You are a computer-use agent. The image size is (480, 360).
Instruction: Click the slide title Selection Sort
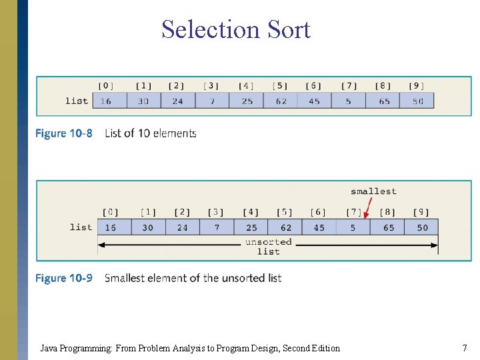click(x=235, y=29)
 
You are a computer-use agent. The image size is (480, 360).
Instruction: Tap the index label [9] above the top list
click(x=417, y=85)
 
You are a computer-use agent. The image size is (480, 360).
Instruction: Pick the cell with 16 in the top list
click(x=107, y=101)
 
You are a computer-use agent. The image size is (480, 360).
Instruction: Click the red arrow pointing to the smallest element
click(x=366, y=207)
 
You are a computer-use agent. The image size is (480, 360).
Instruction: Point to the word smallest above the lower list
click(x=373, y=191)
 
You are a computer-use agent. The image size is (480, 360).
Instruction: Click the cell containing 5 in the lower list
click(x=353, y=227)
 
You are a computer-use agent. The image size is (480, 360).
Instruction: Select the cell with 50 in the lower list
click(x=423, y=227)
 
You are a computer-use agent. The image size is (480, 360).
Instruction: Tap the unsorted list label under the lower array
click(x=268, y=247)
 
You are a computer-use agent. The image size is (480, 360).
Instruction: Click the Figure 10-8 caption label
click(x=64, y=133)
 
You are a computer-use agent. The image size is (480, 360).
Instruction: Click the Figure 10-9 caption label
click(x=64, y=278)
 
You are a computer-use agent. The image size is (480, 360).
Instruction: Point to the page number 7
click(x=464, y=348)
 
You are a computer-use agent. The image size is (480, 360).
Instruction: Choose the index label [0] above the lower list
click(x=111, y=212)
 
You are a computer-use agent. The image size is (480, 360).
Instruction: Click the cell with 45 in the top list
click(x=314, y=101)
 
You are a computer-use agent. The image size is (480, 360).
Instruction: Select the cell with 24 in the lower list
click(x=182, y=227)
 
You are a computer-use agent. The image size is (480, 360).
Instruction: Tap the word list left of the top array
click(x=77, y=101)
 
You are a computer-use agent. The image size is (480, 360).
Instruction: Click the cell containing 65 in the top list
click(x=383, y=101)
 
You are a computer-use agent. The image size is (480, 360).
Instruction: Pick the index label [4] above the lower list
click(x=251, y=212)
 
